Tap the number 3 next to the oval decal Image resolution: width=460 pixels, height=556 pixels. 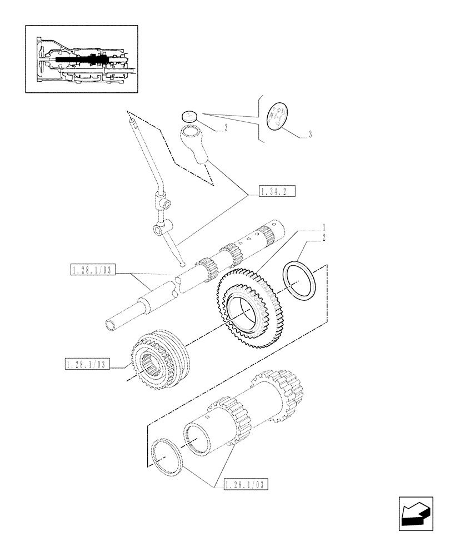coord(309,135)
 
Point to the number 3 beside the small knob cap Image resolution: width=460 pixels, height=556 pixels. coord(226,128)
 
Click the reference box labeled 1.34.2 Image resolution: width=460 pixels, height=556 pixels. coord(276,192)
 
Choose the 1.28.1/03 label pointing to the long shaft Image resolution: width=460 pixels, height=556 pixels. coord(92,271)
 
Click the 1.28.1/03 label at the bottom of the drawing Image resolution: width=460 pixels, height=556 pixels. coord(246,485)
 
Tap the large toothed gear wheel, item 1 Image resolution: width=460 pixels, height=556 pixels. coord(244,309)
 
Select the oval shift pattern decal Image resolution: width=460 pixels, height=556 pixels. coord(278,117)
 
